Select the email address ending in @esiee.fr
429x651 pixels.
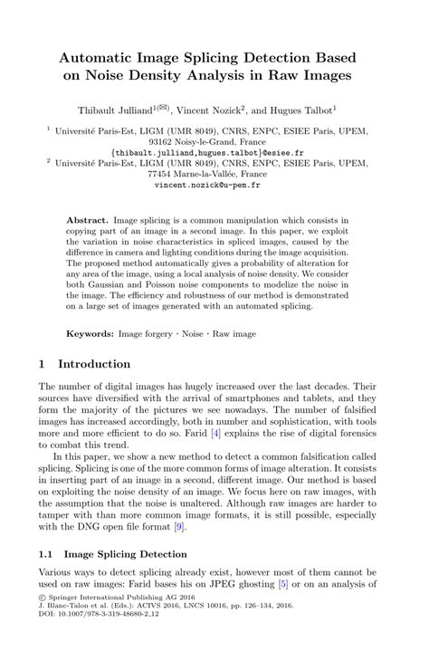point(214,152)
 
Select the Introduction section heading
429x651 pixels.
point(94,364)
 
